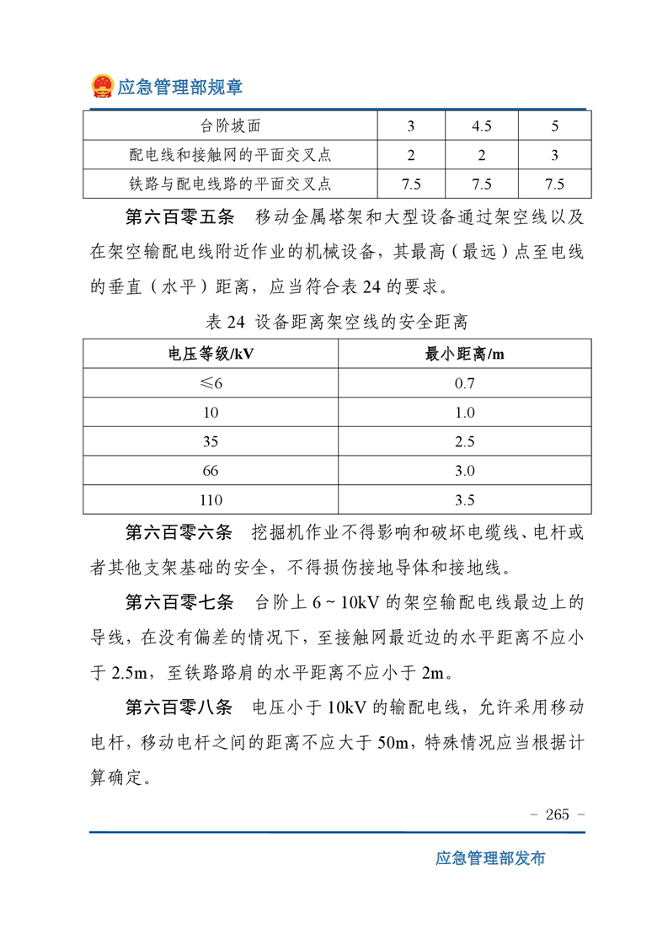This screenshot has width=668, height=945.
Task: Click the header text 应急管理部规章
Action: pos(179,88)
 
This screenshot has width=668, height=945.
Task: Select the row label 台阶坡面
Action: pos(230,127)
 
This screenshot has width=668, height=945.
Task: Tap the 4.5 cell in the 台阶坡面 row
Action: pos(482,127)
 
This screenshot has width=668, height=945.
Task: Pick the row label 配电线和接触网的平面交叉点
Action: pos(230,155)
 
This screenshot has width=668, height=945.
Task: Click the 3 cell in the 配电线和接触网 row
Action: pos(554,155)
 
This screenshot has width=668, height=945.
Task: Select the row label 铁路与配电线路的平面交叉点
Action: pos(230,183)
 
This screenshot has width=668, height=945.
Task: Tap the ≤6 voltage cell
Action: pos(211,383)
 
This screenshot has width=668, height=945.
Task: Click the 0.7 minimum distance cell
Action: pos(464,383)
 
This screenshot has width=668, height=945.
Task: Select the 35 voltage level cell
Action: pos(211,442)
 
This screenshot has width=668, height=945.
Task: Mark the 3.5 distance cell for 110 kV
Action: pos(464,500)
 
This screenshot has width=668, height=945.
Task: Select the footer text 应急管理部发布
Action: pos(490,858)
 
